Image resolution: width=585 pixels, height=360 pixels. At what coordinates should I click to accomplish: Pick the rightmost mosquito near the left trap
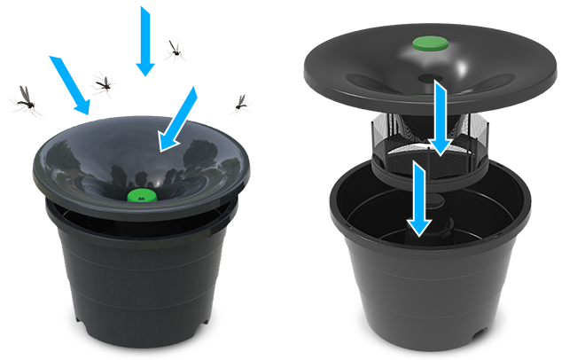(239, 103)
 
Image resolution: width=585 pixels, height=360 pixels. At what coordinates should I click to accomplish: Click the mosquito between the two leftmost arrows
(105, 83)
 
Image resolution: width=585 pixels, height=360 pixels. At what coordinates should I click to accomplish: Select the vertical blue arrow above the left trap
(143, 40)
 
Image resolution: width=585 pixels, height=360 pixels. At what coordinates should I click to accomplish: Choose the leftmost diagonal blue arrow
(70, 85)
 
